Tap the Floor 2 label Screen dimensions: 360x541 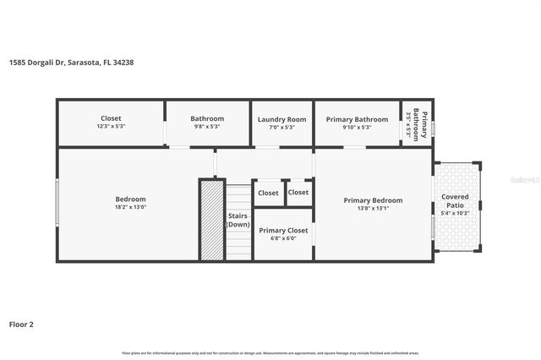(21, 324)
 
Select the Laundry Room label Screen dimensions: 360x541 (281, 119)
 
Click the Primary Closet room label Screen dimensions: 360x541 (283, 230)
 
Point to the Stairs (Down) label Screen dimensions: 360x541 (238, 220)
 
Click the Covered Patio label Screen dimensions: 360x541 (455, 201)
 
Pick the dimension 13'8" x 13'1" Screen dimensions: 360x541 (373, 208)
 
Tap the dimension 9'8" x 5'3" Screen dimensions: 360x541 (207, 127)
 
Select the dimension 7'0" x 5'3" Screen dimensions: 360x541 (281, 127)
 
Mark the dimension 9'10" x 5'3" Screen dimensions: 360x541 (357, 127)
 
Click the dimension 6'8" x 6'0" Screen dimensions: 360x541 (283, 238)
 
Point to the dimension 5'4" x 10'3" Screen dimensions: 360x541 (455, 212)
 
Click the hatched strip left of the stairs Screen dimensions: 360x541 (211, 220)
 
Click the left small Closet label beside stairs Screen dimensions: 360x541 (268, 193)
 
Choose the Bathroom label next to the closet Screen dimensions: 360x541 (207, 119)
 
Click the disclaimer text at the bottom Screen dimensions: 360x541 (270, 352)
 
